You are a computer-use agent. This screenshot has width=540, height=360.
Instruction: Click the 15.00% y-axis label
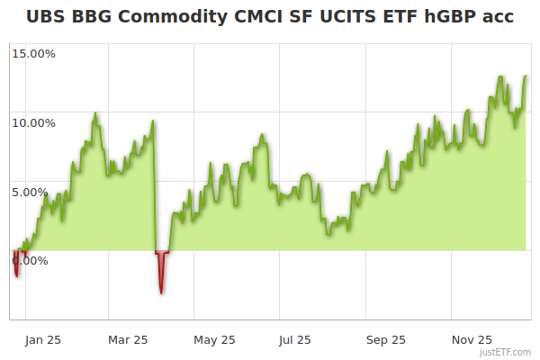(x=33, y=54)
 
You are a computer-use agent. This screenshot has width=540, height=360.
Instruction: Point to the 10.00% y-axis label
(x=33, y=122)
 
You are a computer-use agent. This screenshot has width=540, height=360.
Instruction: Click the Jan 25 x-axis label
(x=43, y=340)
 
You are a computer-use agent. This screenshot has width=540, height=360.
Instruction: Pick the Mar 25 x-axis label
(x=129, y=340)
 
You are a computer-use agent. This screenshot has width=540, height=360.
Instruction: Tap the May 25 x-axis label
(x=214, y=340)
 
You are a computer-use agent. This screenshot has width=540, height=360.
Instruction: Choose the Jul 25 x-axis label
(x=296, y=340)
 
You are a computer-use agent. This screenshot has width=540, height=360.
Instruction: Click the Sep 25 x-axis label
(x=385, y=340)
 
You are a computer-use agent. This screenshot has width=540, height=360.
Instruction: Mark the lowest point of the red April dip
(x=161, y=292)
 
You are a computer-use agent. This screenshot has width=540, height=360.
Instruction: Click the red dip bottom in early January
(x=17, y=274)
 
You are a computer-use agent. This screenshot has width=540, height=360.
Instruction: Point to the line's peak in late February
(x=95, y=114)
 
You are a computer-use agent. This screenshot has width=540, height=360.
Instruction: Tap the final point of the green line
(x=526, y=76)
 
